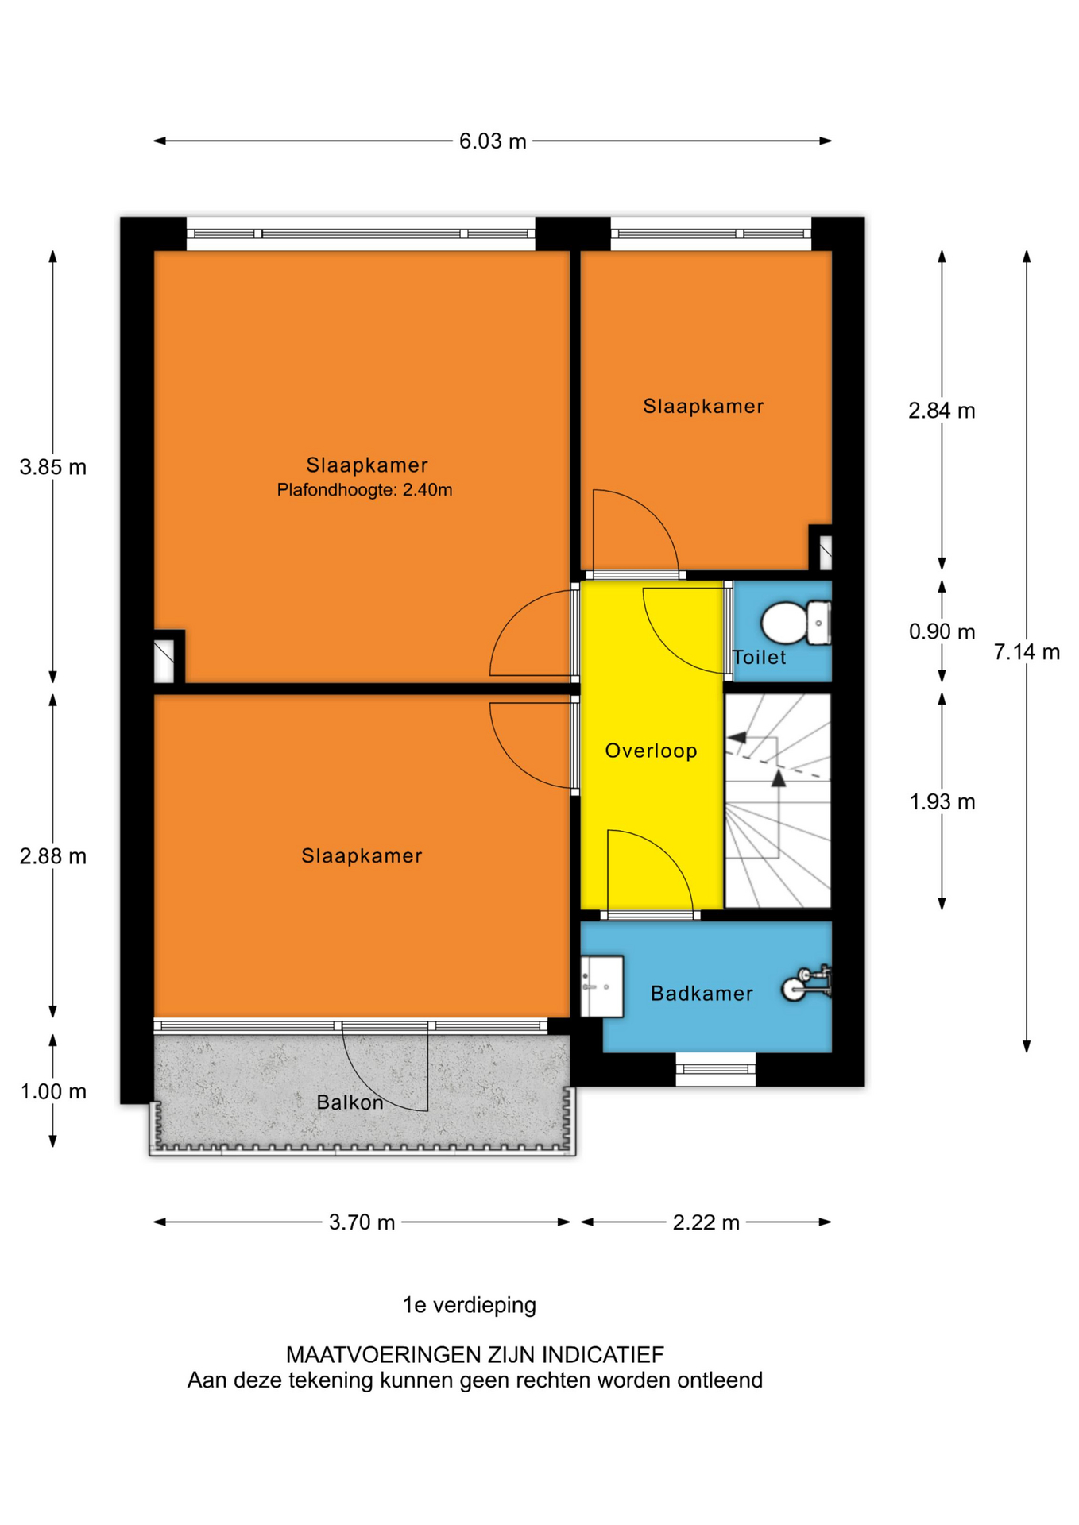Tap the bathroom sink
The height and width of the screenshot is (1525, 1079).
click(601, 986)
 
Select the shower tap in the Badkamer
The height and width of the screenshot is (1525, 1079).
click(806, 983)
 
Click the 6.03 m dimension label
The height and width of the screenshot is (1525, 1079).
click(493, 141)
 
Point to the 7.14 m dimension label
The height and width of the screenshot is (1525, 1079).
click(1027, 652)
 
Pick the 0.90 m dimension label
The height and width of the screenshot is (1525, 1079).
click(942, 632)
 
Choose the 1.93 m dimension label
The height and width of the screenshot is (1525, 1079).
click(942, 802)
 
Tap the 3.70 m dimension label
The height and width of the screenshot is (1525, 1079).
click(362, 1222)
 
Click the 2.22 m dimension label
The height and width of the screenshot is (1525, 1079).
click(706, 1222)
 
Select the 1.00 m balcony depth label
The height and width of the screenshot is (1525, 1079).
click(53, 1091)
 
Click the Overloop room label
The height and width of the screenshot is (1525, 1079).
click(652, 751)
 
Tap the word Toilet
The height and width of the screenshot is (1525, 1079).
click(760, 658)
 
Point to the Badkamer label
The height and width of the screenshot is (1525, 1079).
click(702, 994)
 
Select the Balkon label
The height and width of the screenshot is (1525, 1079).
click(350, 1102)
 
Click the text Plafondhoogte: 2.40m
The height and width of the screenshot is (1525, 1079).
click(365, 490)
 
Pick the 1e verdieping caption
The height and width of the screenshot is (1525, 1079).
click(470, 1305)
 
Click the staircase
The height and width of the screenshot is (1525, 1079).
click(778, 801)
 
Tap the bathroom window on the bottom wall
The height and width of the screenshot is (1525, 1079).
click(716, 1069)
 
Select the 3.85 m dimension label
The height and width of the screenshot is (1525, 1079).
click(53, 467)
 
